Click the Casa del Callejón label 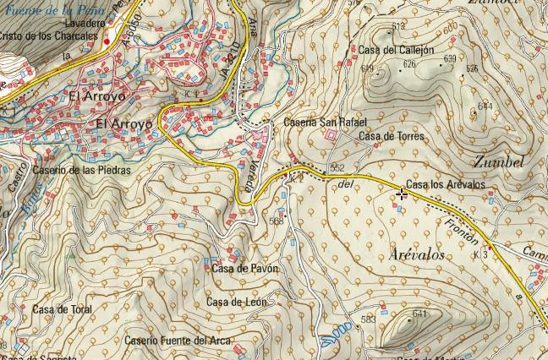tap(396, 50)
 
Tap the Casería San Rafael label tap(316, 122)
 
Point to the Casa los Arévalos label tap(446, 184)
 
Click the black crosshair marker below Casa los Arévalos tap(401, 194)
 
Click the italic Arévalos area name tap(419, 254)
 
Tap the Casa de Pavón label tap(244, 269)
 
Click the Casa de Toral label tap(62, 309)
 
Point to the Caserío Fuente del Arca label tap(178, 341)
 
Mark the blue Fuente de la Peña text tap(55, 8)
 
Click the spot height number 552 tap(337, 168)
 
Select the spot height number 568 tap(276, 221)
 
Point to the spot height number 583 tap(368, 319)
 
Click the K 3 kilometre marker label tap(481, 254)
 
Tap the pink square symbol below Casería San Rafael tap(330, 134)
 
